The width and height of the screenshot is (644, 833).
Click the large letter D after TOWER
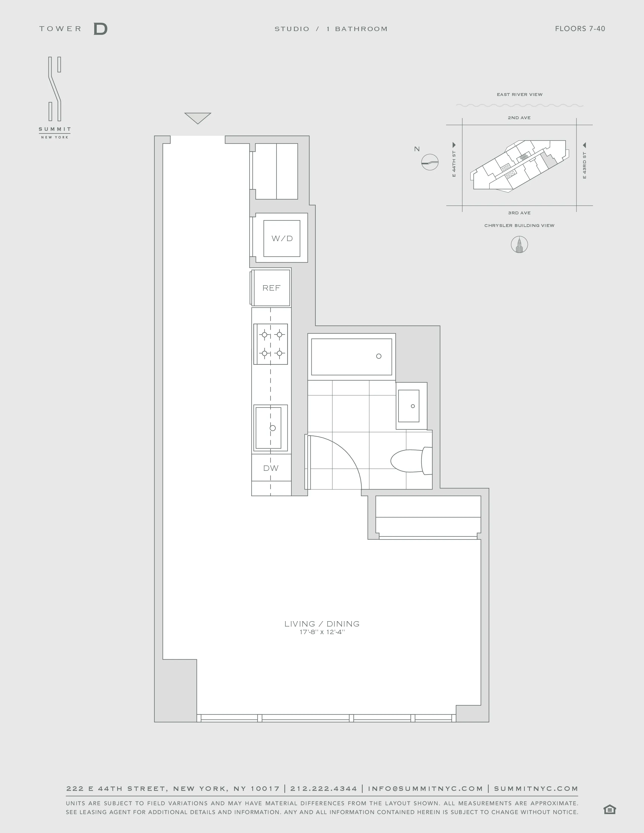100,29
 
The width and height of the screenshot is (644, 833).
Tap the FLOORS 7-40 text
580,29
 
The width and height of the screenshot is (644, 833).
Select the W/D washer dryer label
282,238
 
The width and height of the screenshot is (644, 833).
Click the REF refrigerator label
271,288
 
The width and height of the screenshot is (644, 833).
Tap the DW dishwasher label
271,468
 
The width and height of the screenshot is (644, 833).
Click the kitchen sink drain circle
273,428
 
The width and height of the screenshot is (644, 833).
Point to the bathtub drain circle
379,356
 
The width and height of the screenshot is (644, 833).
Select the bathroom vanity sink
409,406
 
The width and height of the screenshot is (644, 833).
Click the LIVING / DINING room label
321,623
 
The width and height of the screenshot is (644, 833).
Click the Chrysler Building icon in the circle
519,245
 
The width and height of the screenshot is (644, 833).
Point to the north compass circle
430,162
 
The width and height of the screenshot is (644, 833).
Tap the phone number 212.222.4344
324,788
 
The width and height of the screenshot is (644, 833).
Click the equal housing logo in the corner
609,809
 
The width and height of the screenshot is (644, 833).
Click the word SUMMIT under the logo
55,129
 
